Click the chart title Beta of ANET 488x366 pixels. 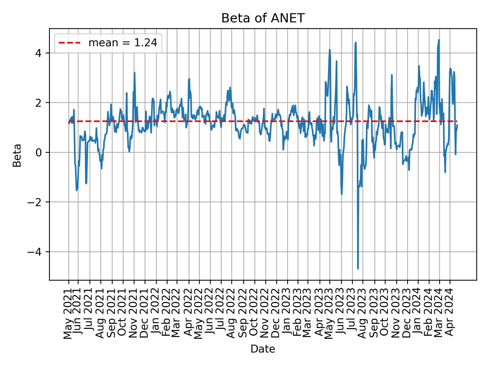263,18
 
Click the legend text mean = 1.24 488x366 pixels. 123,43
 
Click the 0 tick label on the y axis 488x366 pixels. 39,152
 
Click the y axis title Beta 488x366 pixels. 17,155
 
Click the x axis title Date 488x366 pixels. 263,349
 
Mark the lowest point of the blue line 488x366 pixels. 358,268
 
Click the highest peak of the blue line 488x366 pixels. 439,40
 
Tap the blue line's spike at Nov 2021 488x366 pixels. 134,73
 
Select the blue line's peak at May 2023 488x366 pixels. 330,50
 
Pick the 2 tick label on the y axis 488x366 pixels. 39,103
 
